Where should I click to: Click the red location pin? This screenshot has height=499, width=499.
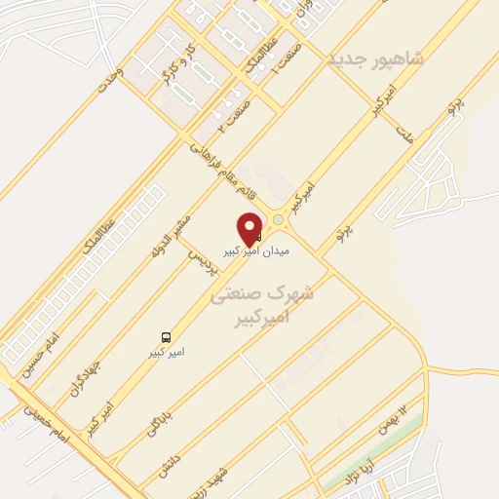tap(250, 227)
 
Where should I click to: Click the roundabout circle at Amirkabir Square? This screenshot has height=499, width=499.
tap(281, 220)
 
